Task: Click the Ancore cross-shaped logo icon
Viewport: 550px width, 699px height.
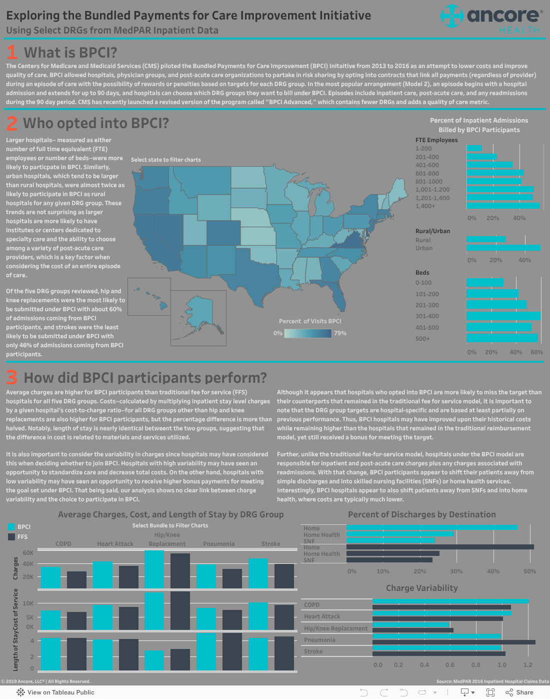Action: click(452, 16)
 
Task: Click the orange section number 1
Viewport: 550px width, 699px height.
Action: click(12, 53)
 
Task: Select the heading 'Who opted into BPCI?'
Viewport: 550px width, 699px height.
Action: click(96, 123)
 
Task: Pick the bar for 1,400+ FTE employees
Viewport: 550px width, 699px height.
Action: click(503, 206)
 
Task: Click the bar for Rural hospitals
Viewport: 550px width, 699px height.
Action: click(486, 239)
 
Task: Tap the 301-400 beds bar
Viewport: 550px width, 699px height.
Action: click(503, 316)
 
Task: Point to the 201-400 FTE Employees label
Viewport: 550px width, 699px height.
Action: click(427, 157)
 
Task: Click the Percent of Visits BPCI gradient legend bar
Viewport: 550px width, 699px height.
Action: click(307, 333)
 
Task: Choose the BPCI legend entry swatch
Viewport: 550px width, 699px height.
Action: click(11, 527)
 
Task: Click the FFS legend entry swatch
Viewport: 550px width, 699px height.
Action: click(11, 537)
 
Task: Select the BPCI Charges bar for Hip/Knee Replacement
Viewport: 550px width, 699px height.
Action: click(154, 569)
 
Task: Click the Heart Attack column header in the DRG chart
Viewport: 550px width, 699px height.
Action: click(115, 544)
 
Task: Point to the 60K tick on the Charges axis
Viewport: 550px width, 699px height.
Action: click(28, 553)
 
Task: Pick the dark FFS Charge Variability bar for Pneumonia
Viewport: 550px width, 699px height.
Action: click(453, 642)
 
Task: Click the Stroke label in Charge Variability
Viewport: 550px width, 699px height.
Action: click(313, 651)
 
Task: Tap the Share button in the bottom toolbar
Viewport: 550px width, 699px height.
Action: click(519, 692)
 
